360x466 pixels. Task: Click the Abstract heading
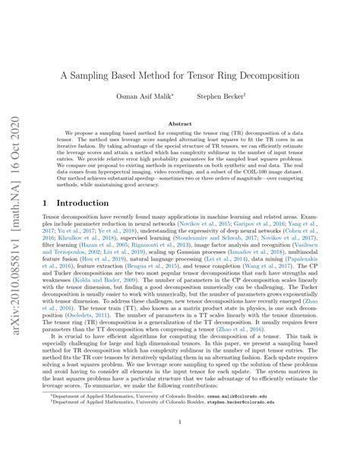pyautogui.click(x=179, y=124)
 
